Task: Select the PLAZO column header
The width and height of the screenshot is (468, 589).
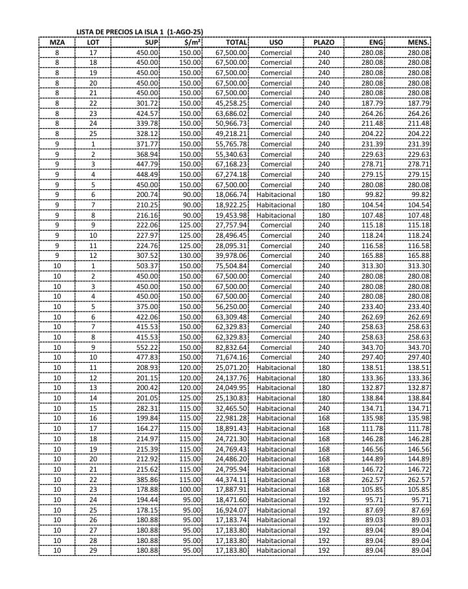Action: [324, 42]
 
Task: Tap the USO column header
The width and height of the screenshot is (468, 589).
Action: [276, 42]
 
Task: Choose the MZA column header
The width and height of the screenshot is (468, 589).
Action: [57, 42]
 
